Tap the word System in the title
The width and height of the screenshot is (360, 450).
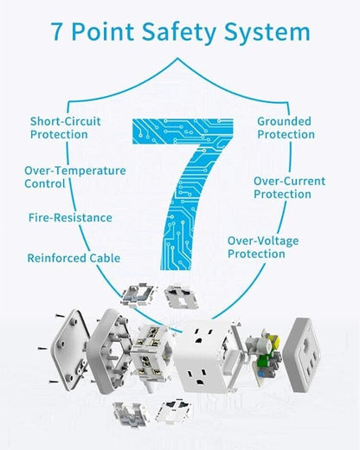click(x=267, y=32)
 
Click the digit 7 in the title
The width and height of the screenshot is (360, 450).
click(x=57, y=31)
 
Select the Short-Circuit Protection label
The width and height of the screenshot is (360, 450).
click(x=66, y=128)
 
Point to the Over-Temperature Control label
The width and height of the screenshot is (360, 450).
click(x=75, y=177)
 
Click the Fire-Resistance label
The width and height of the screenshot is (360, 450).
click(x=70, y=217)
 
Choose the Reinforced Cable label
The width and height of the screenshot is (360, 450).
click(x=74, y=258)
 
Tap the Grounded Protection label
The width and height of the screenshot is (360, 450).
click(x=286, y=128)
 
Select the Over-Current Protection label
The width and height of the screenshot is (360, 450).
click(x=289, y=188)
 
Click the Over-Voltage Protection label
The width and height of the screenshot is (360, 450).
click(x=263, y=247)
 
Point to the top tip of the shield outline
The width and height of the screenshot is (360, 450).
click(x=177, y=58)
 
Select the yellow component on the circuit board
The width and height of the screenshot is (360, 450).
click(x=274, y=341)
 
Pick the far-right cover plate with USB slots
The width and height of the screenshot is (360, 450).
click(x=302, y=355)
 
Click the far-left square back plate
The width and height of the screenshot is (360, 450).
click(x=69, y=350)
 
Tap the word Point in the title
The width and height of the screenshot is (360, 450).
click(x=102, y=31)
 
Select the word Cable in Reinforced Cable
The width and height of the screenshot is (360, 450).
click(x=105, y=258)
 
